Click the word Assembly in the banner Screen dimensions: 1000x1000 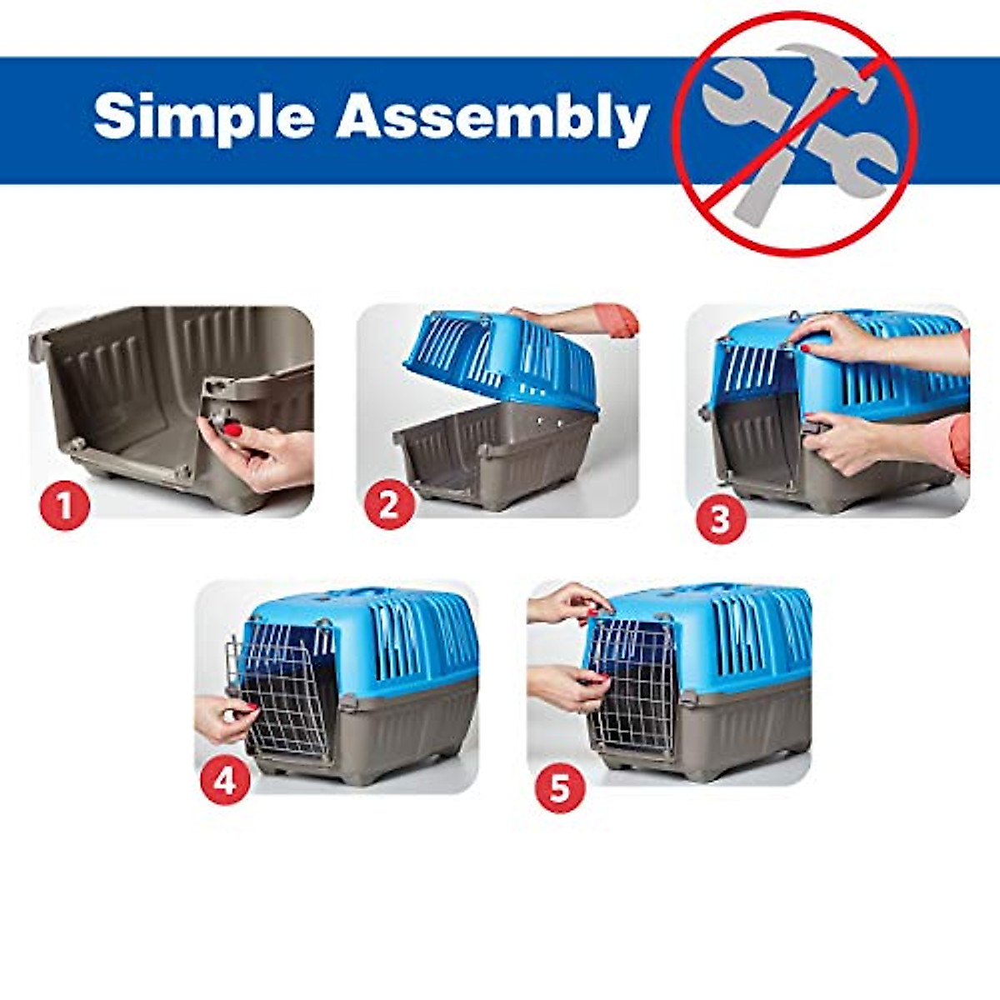492,117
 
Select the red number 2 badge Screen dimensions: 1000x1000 389,504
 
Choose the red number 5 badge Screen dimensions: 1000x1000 559,787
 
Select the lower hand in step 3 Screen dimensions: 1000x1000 846,442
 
